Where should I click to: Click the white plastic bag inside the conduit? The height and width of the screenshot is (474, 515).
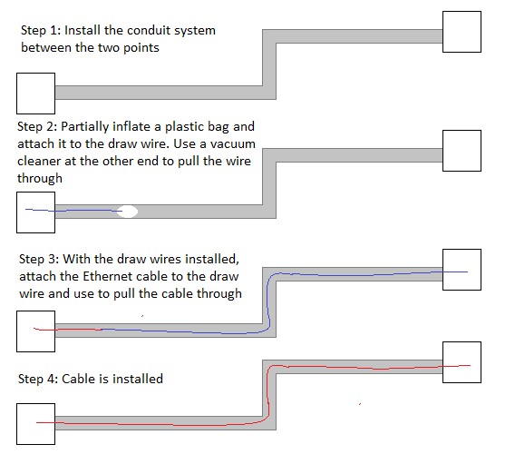tap(128, 212)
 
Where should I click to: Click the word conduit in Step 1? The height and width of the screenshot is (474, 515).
tap(149, 30)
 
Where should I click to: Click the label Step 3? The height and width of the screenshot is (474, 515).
tap(39, 260)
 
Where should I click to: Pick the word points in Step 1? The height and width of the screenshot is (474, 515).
tap(141, 48)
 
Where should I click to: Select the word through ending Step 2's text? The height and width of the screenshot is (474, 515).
tap(40, 178)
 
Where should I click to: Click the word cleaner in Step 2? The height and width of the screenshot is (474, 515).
tap(39, 162)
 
